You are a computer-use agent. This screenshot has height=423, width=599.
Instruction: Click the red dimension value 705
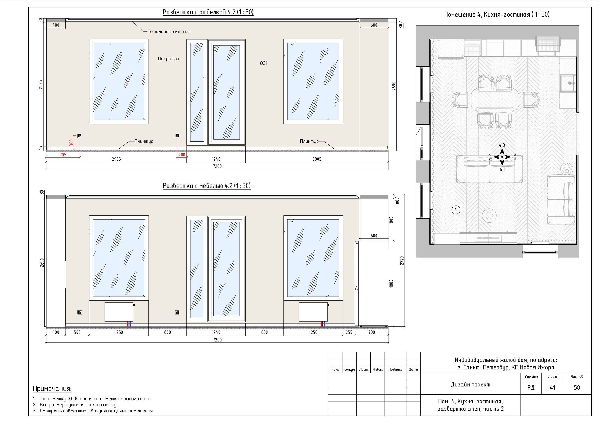(x=63, y=155)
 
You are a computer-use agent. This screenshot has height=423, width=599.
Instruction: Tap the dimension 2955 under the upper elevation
(x=116, y=159)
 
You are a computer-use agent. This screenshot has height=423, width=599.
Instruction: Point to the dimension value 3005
(x=317, y=159)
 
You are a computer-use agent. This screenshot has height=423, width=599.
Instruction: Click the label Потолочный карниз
(x=169, y=32)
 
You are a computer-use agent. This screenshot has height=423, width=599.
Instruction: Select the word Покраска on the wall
(x=168, y=59)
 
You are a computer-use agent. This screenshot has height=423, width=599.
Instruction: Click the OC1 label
(x=263, y=63)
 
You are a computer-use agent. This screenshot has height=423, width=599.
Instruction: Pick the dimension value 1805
(x=391, y=284)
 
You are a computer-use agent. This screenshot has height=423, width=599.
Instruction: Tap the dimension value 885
(x=391, y=220)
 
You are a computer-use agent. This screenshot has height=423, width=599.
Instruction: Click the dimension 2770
(x=402, y=261)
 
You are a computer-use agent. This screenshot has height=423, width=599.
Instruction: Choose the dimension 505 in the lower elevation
(x=77, y=332)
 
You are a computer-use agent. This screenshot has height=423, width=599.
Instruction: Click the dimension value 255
(x=349, y=332)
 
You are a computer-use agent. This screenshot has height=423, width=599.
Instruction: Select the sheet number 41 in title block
(x=553, y=387)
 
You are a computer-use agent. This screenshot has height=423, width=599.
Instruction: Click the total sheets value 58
(x=577, y=387)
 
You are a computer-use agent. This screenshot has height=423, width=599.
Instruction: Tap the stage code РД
(x=531, y=388)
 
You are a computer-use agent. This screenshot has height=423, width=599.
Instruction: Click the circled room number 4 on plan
(x=456, y=210)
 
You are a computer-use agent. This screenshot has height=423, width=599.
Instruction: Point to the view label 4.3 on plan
(x=502, y=145)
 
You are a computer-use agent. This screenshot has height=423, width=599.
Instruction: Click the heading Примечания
(x=52, y=389)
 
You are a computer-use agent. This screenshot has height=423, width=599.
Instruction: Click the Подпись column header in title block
(x=395, y=369)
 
